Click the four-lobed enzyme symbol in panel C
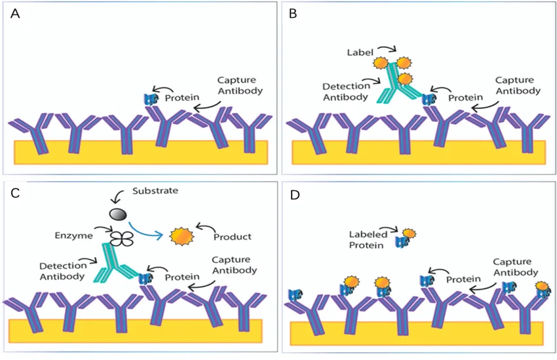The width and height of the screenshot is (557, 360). coord(121,239)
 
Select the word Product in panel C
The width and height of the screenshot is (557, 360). coord(233,236)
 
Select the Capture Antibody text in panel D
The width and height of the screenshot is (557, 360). coord(514,266)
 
